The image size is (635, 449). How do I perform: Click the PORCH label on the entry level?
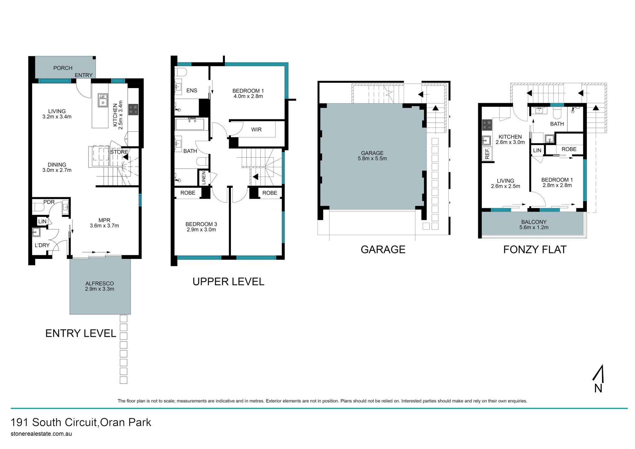coord(63,68)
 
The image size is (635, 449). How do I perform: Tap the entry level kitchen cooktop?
coord(133,109)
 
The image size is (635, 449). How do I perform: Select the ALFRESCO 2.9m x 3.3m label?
coord(100,286)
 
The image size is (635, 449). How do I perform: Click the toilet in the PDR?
coord(38,208)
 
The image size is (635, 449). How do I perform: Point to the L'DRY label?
coord(42,245)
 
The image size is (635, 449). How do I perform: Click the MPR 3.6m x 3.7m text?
coord(104,223)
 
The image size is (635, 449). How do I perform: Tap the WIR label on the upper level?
coord(256,129)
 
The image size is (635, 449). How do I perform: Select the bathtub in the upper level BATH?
coord(190,125)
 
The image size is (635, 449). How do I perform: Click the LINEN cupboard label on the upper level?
coord(204,178)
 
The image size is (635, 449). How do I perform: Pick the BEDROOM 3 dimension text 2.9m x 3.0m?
coord(201,230)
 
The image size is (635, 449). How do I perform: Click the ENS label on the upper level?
coord(191,90)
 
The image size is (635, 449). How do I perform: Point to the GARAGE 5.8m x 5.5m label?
coord(372,156)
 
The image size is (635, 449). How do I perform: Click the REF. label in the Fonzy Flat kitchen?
coord(487,154)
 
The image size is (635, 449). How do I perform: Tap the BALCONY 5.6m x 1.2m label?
coord(533,224)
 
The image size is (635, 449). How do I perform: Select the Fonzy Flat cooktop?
coord(487,125)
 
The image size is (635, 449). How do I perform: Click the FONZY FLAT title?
coord(535,249)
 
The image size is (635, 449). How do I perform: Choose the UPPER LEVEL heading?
coord(228,281)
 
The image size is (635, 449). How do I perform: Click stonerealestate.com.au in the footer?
coord(41,434)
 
